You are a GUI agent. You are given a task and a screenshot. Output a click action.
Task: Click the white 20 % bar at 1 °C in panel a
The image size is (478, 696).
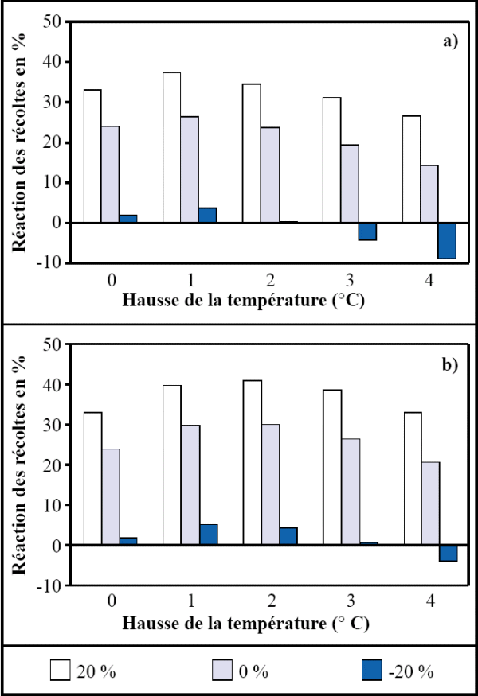171,148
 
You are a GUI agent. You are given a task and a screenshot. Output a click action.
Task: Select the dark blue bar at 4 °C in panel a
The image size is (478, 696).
446,240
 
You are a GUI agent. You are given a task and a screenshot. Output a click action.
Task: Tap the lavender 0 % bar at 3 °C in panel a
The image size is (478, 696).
349,184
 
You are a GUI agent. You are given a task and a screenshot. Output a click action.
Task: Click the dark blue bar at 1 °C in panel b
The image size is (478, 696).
208,535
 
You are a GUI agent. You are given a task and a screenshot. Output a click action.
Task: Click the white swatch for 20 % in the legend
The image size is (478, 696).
61,671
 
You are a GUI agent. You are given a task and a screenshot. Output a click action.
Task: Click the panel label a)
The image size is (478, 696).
450,41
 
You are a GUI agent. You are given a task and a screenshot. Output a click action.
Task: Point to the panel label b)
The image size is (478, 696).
450,365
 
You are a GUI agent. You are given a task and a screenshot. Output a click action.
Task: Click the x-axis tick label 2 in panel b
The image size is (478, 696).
271,604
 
